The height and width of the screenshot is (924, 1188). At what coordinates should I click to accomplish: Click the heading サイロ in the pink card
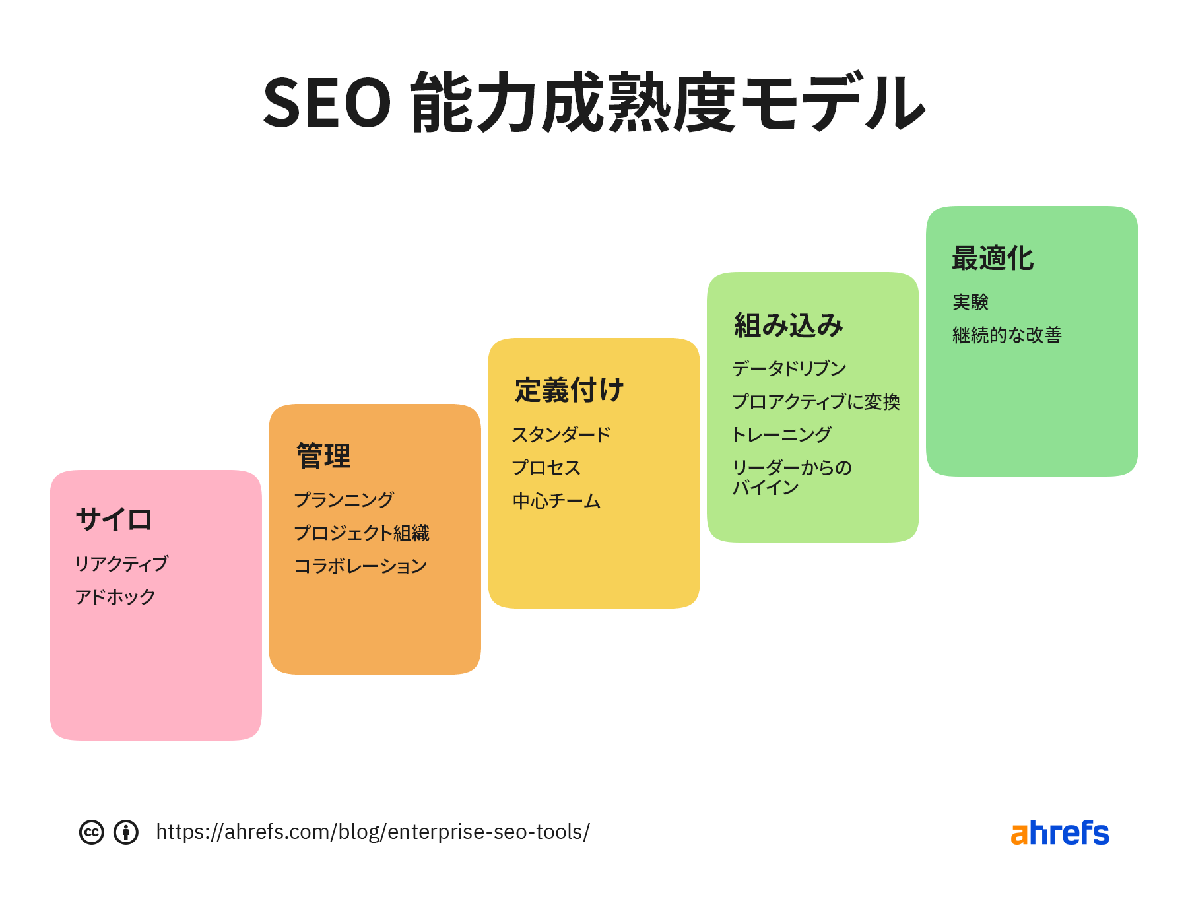[x=114, y=519]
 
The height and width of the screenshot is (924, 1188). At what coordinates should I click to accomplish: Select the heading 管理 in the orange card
[x=323, y=455]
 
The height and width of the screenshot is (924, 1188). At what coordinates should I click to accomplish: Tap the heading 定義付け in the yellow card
[x=569, y=389]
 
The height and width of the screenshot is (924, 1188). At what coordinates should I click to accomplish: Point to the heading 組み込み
[x=789, y=325]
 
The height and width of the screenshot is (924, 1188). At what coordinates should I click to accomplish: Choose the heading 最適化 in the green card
[x=993, y=258]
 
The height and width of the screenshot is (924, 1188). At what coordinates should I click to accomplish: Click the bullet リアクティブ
[x=121, y=564]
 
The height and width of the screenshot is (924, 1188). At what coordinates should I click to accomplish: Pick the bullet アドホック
[x=115, y=597]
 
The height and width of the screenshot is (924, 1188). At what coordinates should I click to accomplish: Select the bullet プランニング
[x=344, y=500]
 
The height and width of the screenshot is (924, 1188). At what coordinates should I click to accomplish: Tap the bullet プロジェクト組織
[x=362, y=533]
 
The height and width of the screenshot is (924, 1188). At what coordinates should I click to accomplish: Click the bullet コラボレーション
[x=360, y=566]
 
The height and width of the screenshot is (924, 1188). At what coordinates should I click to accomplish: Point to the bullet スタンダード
[x=562, y=434]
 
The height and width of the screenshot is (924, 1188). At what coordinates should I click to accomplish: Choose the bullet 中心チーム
[x=556, y=501]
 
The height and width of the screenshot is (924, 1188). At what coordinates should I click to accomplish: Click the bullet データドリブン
[x=789, y=368]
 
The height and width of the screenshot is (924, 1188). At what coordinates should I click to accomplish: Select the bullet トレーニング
[x=781, y=434]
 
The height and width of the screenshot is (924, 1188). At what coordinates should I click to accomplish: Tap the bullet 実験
[x=970, y=302]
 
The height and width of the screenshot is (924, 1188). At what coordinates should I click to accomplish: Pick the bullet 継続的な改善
[x=1007, y=335]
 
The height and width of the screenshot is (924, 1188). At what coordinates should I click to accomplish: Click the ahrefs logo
[x=1060, y=833]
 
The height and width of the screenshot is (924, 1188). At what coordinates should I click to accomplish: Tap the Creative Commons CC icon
[x=92, y=832]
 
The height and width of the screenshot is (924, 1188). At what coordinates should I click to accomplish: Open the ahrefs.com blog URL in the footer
[x=373, y=832]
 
